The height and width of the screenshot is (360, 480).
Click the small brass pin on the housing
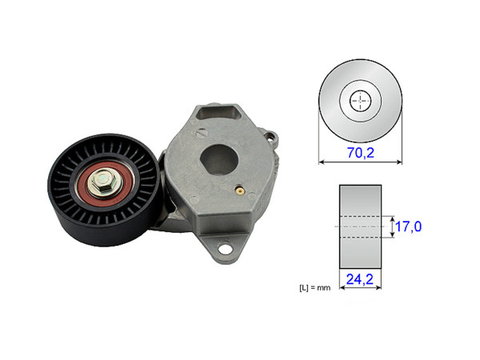[x=239, y=191]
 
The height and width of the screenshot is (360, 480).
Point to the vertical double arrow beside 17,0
[x=390, y=227]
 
